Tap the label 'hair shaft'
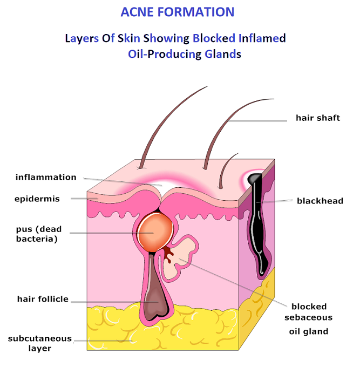317,118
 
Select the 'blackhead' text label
320,201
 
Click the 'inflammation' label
46,177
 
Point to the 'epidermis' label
37,199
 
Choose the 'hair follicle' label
43,298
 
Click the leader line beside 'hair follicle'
113,302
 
